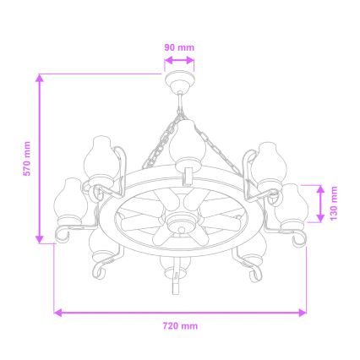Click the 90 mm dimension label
[x=178, y=47]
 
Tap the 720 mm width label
[x=180, y=325]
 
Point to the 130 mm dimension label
[x=335, y=204]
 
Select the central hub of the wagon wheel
[x=179, y=223]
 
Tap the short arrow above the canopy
[x=178, y=60]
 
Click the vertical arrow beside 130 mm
[x=320, y=204]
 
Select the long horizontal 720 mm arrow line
[x=180, y=312]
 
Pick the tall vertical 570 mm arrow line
[x=40, y=159]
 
